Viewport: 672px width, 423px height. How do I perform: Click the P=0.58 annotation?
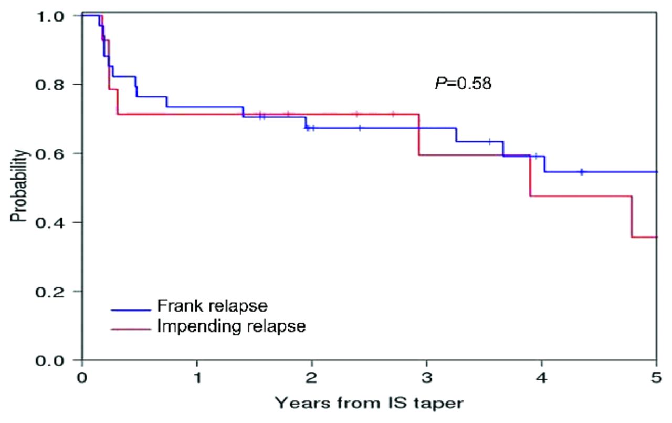point(463,83)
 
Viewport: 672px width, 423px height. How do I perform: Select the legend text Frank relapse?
point(212,306)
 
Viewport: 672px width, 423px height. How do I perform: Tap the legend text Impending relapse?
point(231,326)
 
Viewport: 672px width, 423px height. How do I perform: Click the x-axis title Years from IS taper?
point(370,404)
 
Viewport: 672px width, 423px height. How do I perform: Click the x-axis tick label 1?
point(197,378)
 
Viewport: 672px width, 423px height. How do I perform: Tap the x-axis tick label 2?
point(312,378)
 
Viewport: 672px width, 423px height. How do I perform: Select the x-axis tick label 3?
point(427,378)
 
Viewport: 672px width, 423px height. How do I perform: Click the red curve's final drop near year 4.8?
point(632,216)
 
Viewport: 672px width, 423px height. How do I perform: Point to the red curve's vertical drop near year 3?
point(419,135)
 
